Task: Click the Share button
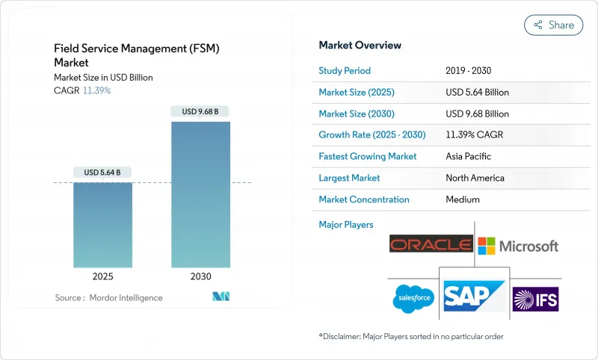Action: (x=553, y=25)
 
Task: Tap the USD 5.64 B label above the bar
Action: (x=102, y=173)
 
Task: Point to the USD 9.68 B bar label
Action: (x=200, y=112)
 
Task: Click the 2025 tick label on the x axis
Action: (x=102, y=276)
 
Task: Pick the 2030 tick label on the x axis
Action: (x=200, y=276)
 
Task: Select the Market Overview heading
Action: (x=360, y=45)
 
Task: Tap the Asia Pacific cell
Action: (x=469, y=157)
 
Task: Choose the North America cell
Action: (x=475, y=178)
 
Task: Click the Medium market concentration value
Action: (x=462, y=199)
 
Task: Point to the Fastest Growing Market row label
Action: (x=368, y=157)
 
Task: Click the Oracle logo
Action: (x=431, y=245)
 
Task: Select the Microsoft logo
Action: (x=518, y=246)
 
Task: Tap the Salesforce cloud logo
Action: (x=413, y=299)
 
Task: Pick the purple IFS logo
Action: (x=535, y=299)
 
